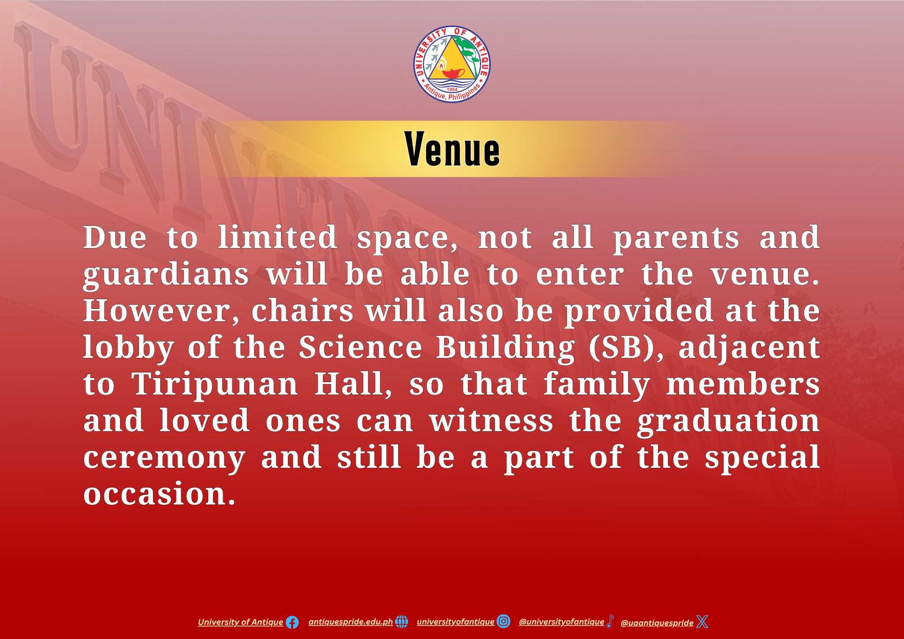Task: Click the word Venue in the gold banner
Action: point(452,149)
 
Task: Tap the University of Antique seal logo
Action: point(452,64)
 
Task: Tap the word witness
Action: point(491,421)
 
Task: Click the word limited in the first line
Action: point(278,237)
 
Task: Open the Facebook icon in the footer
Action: point(292,623)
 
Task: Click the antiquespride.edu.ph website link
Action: point(350,622)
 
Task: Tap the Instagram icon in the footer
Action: point(504,621)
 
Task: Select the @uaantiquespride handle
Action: point(657,623)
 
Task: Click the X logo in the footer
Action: point(702,622)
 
